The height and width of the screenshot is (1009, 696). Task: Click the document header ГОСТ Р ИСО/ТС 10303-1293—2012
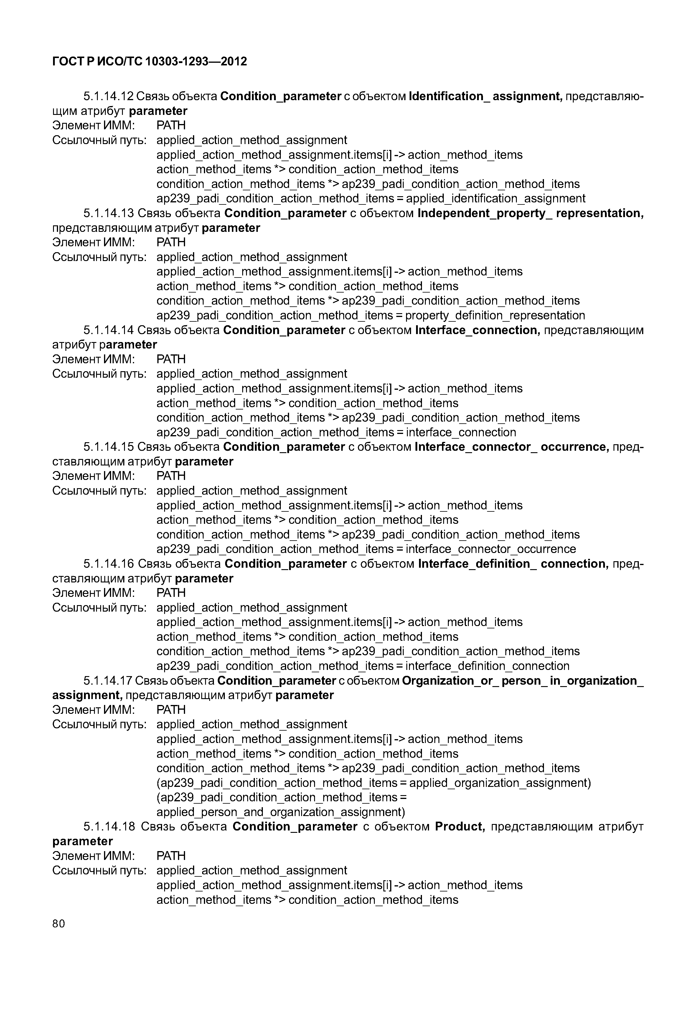click(x=150, y=62)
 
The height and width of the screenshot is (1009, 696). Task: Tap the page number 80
click(x=58, y=924)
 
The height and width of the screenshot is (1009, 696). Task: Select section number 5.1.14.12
click(x=108, y=96)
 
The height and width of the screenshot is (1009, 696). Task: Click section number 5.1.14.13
click(x=109, y=213)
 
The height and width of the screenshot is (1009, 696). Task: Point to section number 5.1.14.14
click(x=109, y=330)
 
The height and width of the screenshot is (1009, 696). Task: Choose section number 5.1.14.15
click(x=109, y=447)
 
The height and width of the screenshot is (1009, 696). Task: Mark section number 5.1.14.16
click(x=109, y=564)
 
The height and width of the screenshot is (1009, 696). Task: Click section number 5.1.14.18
click(x=109, y=827)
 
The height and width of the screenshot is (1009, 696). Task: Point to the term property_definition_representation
click(x=495, y=315)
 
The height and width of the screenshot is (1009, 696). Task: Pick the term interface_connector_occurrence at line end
click(x=491, y=549)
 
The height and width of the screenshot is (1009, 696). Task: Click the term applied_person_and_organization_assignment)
click(x=281, y=812)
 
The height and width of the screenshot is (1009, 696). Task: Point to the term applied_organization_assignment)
click(x=500, y=783)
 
